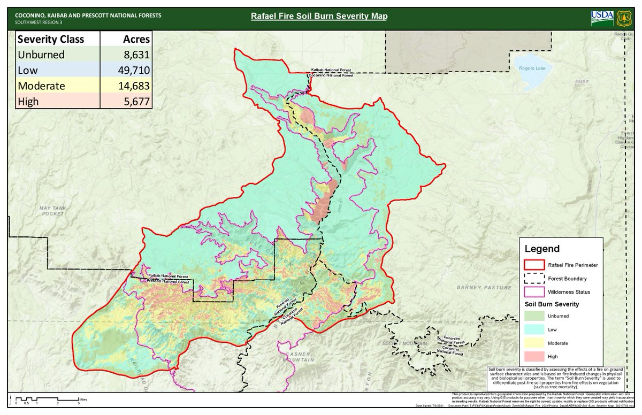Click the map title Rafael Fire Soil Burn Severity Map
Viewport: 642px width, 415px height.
coord(319,16)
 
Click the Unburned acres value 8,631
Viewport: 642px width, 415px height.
coord(134,55)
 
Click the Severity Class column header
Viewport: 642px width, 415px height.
coord(51,39)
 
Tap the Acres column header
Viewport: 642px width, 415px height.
coord(134,39)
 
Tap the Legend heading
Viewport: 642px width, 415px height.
coord(542,249)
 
